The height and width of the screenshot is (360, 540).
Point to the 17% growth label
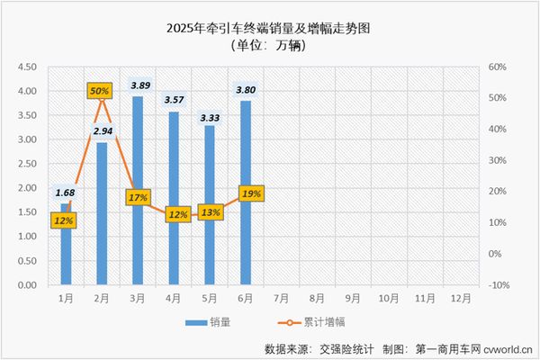138,197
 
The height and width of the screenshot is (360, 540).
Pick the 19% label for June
251,193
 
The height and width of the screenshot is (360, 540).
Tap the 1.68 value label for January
65,192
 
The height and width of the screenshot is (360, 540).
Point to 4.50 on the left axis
27,67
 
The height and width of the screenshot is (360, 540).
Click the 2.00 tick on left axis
27,188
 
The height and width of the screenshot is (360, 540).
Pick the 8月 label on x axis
318,296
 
